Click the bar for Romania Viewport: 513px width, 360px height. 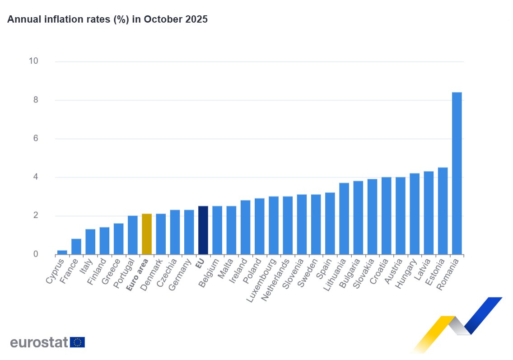pyautogui.click(x=457, y=173)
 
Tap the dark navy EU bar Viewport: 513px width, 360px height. pyautogui.click(x=203, y=230)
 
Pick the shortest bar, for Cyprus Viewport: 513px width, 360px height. pyautogui.click(x=62, y=252)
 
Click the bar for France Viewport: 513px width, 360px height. pyautogui.click(x=76, y=247)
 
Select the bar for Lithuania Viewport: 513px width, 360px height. pyautogui.click(x=344, y=219)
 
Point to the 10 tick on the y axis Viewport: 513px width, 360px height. pyautogui.click(x=34, y=61)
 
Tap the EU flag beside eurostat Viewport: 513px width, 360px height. pyautogui.click(x=77, y=342)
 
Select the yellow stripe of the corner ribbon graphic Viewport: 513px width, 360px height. pyautogui.click(x=434, y=332)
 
